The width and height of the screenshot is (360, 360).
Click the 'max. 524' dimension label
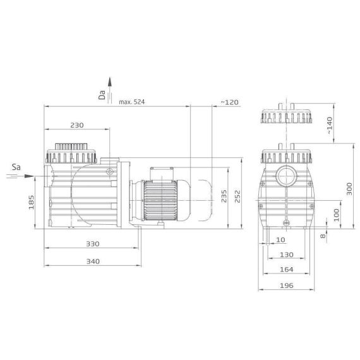(x=132, y=102)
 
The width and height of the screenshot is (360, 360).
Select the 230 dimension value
(x=77, y=125)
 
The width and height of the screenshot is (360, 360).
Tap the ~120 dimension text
(x=229, y=102)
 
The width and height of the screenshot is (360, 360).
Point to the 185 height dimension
(x=31, y=202)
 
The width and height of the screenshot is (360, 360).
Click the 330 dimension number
(x=92, y=244)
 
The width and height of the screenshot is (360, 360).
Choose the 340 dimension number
(x=93, y=261)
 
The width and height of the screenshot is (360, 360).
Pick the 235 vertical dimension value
(x=224, y=196)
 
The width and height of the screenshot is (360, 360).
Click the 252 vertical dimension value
(x=237, y=196)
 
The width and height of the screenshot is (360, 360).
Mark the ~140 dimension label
(x=330, y=126)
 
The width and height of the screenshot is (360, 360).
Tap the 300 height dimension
(x=349, y=189)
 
